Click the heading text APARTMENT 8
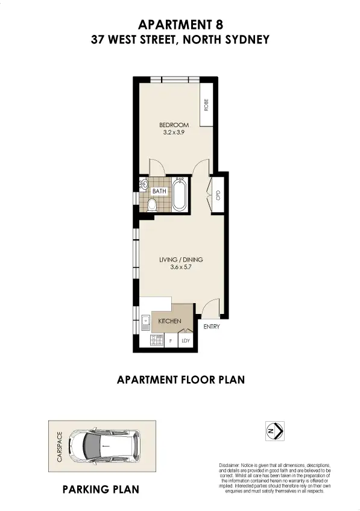pos(180,25)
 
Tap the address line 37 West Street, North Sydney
pos(180,40)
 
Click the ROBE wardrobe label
pos(206,105)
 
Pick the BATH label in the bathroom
pos(159,191)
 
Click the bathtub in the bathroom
pos(180,193)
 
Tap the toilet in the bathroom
pos(151,205)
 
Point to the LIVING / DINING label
pos(181,260)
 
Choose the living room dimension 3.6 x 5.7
pos(181,268)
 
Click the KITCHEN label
pos(169,322)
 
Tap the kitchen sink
pos(145,322)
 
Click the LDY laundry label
pos(186,341)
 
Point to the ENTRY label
pos(212,327)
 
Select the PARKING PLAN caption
pos(101,489)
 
